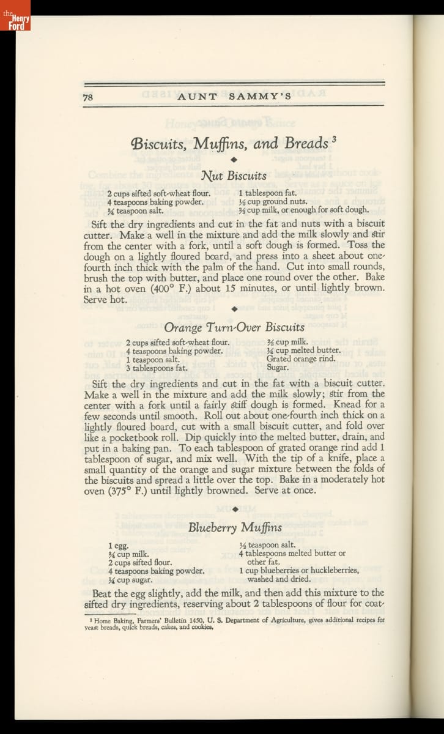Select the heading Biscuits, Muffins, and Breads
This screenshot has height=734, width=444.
pyautogui.click(x=229, y=144)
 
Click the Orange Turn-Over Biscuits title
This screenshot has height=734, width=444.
pyautogui.click(x=234, y=327)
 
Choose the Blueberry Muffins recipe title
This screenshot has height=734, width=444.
pyautogui.click(x=235, y=527)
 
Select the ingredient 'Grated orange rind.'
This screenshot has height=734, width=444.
pyautogui.click(x=301, y=359)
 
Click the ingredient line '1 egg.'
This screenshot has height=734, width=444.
pyautogui.click(x=119, y=545)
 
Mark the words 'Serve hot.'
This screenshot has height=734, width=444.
pyautogui.click(x=105, y=300)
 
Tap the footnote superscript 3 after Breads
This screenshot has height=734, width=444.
pyautogui.click(x=335, y=138)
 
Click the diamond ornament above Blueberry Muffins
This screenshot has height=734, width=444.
pyautogui.click(x=234, y=508)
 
